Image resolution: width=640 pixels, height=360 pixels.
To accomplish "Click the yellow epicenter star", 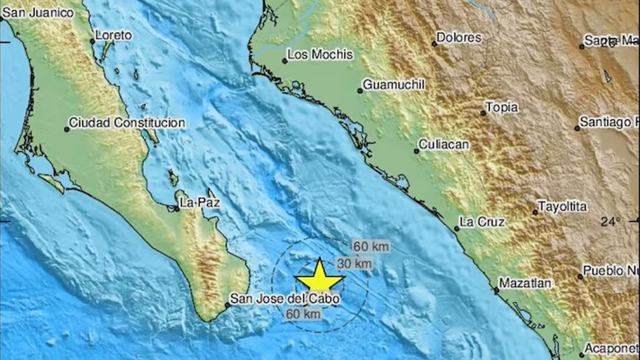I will click(319, 276).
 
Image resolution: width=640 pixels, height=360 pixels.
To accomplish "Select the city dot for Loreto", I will click(92, 41).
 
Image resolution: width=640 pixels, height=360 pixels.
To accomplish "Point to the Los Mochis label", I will click(320, 54).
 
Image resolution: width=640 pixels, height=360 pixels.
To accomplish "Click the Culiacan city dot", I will click(416, 151).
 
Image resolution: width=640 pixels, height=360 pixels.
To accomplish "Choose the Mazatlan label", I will click(525, 283).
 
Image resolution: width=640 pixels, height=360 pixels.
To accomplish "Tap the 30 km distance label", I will click(354, 263).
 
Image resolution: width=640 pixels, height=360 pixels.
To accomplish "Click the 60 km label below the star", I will click(303, 314).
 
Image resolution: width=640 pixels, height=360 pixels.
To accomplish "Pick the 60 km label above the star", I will click(370, 246).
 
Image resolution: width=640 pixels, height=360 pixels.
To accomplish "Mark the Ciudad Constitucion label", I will click(127, 122).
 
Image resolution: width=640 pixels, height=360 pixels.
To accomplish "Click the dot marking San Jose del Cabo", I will click(227, 304).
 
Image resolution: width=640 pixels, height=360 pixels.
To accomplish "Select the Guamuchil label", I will click(393, 85).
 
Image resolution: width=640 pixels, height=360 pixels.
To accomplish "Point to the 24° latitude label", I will click(610, 221).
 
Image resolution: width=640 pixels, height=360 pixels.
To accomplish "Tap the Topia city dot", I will click(483, 113).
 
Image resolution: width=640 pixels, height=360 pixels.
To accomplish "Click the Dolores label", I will click(459, 37).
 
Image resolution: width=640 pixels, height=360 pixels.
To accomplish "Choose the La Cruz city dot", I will click(456, 229).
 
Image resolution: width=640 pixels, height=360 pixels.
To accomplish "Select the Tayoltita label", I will click(562, 206).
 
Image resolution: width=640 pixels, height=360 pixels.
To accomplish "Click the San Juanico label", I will click(38, 13).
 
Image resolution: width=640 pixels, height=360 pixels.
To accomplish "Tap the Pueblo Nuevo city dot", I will click(580, 276).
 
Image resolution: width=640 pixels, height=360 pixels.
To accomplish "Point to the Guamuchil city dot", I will click(359, 91).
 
